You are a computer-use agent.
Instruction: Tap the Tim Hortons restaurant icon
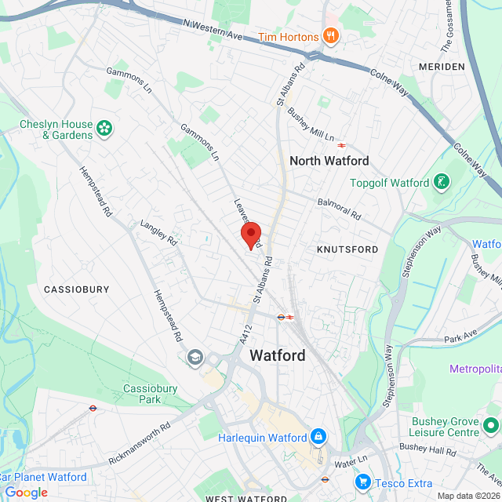(x=331, y=36)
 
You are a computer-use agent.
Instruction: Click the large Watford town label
(x=278, y=355)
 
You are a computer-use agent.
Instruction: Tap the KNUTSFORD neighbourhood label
(x=347, y=249)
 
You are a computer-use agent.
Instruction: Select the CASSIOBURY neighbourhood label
(x=76, y=289)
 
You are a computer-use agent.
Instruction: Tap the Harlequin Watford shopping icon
(x=318, y=436)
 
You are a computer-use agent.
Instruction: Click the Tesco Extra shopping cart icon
(x=362, y=481)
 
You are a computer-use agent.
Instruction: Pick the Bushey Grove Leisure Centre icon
(x=491, y=426)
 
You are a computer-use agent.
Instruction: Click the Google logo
(x=26, y=492)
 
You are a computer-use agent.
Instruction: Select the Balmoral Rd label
(x=339, y=208)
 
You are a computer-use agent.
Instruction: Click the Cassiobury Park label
(x=142, y=394)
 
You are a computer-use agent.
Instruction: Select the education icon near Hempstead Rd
(x=194, y=358)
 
